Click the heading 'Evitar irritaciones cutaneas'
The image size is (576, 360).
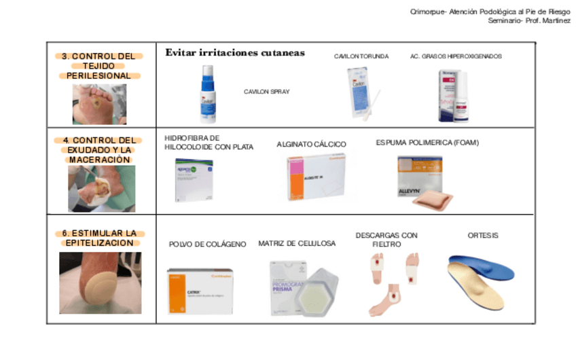235,53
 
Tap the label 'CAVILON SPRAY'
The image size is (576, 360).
266,91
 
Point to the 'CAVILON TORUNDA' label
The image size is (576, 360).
361,56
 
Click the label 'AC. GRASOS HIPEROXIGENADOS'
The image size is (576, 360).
456,56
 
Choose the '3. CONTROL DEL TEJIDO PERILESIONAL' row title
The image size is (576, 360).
99,66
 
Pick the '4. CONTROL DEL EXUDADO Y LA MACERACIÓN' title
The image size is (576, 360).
99,150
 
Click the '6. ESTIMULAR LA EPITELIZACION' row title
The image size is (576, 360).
99,238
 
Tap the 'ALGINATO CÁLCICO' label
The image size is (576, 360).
311,144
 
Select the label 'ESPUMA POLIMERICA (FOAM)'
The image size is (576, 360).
427,143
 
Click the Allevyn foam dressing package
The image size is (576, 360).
420,179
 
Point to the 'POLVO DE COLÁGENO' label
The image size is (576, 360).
207,244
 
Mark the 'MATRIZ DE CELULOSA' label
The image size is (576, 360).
297,243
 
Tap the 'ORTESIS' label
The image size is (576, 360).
483,236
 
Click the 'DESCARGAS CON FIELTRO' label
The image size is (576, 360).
386,240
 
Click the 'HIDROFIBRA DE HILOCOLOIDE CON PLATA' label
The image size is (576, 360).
209,142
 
